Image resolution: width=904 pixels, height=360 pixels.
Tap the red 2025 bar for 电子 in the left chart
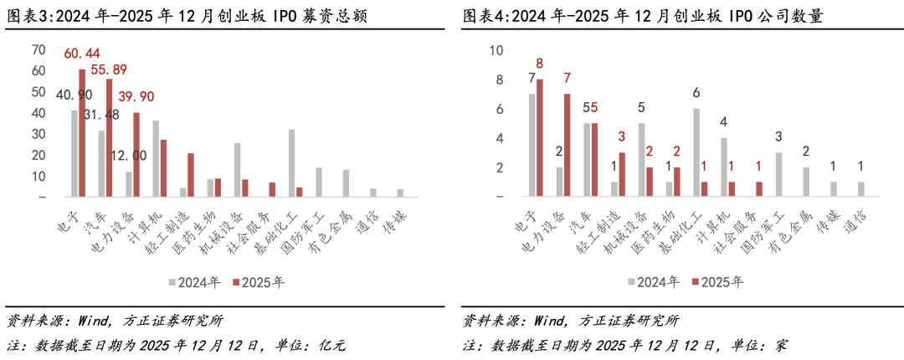click(82, 134)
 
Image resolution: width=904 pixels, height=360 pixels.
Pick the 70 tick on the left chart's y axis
click(39, 49)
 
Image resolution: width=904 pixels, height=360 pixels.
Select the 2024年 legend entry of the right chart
click(653, 282)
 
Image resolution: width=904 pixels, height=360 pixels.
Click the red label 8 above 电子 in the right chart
click(540, 64)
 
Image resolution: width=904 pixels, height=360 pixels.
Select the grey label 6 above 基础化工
click(696, 93)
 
